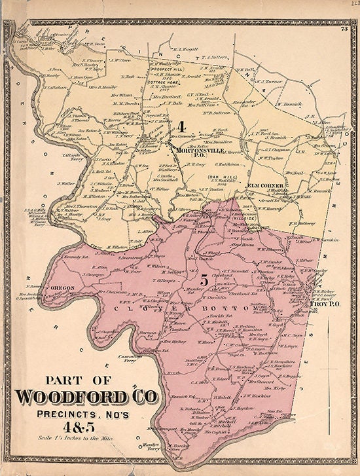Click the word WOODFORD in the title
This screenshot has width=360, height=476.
tap(75, 397)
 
